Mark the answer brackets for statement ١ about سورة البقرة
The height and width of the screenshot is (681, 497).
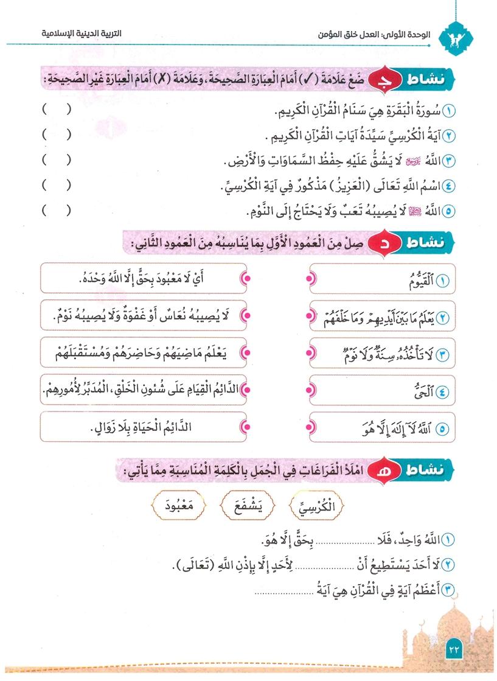[56, 111]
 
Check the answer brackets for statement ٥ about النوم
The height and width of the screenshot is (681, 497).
[56, 211]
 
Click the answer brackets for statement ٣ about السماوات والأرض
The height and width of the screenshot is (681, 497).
[56, 161]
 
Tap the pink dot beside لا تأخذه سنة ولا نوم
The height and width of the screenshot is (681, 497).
[308, 354]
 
